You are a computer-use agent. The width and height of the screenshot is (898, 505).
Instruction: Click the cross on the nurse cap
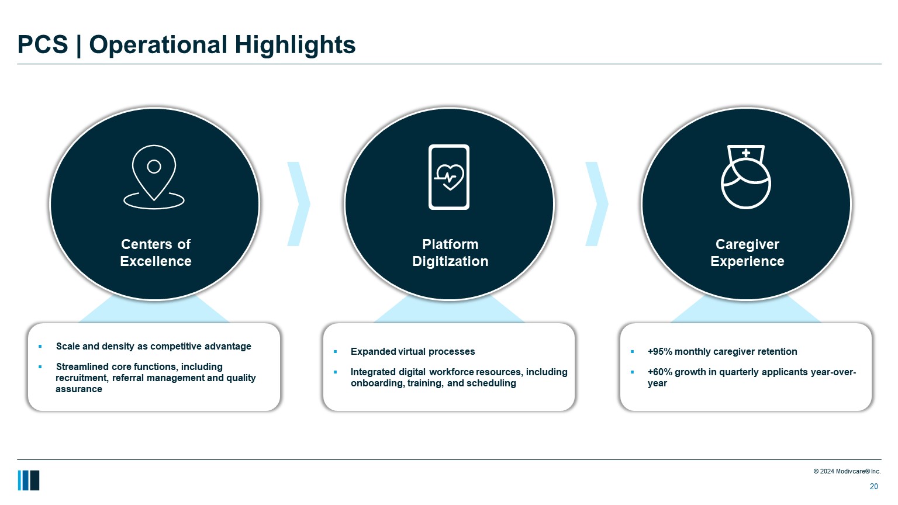(x=745, y=153)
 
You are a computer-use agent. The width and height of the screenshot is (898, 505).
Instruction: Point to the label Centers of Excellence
(x=156, y=252)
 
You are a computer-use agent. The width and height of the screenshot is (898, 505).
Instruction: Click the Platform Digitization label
(x=450, y=252)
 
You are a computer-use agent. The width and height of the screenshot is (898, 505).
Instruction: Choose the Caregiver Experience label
(x=747, y=252)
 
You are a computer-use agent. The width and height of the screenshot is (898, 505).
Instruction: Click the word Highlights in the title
(x=295, y=45)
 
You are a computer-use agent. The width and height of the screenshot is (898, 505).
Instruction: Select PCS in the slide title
(x=43, y=44)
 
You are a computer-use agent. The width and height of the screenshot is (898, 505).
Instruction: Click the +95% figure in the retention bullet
(x=659, y=351)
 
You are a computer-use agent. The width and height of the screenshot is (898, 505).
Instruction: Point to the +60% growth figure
(x=659, y=372)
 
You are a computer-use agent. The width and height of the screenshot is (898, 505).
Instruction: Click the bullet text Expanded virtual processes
(x=413, y=351)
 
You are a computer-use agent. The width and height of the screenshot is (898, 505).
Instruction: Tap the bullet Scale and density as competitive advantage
(x=154, y=346)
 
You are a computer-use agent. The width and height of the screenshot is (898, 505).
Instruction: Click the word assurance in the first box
(x=78, y=389)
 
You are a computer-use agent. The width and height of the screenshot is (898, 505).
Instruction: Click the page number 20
(x=873, y=486)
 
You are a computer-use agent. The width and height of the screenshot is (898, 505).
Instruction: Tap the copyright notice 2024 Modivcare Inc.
(x=847, y=471)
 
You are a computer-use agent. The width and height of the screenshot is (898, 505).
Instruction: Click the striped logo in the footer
(x=29, y=480)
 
